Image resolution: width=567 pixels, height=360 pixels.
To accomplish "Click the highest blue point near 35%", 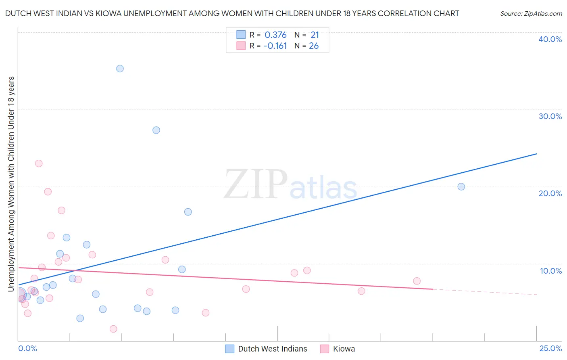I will (x=120, y=69).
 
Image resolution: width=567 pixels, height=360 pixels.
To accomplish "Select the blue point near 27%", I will (x=156, y=130).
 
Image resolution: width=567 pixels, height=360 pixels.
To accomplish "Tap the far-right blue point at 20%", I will (x=461, y=186).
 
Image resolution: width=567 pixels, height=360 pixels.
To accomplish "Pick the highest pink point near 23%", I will (x=39, y=163).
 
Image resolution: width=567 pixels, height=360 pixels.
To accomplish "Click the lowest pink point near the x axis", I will (x=113, y=329).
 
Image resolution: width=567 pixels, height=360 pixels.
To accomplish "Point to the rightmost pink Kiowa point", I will (x=417, y=281).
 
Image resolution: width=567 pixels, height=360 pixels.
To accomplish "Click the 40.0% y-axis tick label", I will (x=550, y=39).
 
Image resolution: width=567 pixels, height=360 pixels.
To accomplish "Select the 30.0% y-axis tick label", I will (x=550, y=116).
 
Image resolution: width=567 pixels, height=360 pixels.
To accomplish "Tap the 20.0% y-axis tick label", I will (x=550, y=193).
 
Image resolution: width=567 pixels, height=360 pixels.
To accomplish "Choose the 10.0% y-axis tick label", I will (x=550, y=271).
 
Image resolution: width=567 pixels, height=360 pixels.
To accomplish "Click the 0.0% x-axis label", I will (x=27, y=348).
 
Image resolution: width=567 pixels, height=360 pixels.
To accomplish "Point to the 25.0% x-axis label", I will (x=550, y=348).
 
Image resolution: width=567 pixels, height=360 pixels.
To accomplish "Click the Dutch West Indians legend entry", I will (x=272, y=349).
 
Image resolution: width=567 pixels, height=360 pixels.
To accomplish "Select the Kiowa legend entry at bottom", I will (x=344, y=349).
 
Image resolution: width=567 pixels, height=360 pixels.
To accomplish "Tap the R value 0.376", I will (x=275, y=35).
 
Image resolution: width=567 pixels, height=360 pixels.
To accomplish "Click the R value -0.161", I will (x=275, y=46).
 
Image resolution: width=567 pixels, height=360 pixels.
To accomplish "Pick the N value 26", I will (x=314, y=46).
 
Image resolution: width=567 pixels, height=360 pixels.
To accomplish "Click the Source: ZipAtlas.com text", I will (x=531, y=14).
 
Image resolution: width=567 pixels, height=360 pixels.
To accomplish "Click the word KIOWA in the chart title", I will (x=107, y=14).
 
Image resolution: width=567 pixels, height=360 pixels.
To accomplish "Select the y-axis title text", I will (x=11, y=184).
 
